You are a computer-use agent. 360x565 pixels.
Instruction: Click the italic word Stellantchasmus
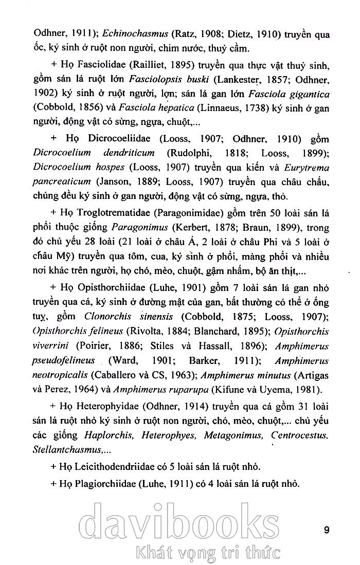pyautogui.click(x=67, y=449)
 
